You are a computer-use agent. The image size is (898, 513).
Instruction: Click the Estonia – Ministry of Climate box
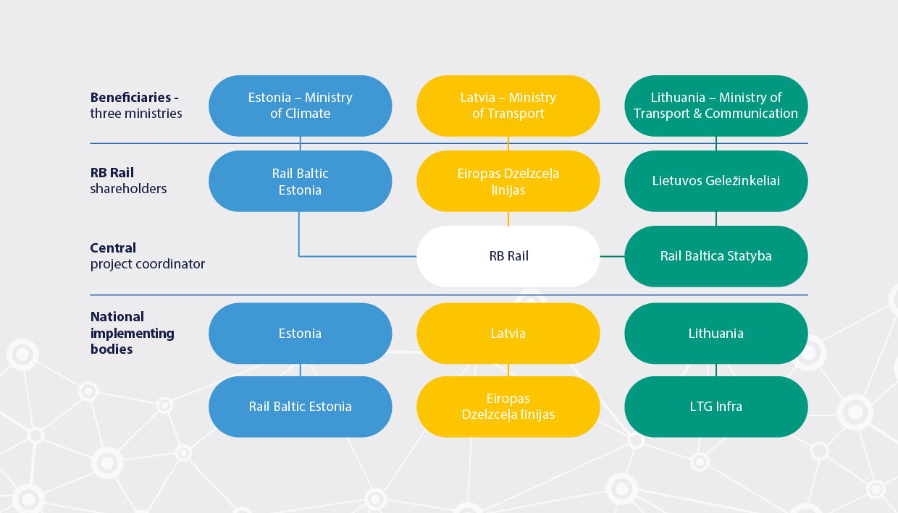click(x=300, y=106)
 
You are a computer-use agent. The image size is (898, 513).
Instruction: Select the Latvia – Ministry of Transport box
click(x=508, y=106)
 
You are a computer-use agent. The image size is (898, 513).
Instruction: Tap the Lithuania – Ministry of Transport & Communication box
click(x=716, y=106)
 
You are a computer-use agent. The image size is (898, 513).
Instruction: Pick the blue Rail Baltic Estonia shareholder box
click(x=300, y=181)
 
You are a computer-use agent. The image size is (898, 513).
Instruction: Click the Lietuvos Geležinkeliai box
click(x=716, y=181)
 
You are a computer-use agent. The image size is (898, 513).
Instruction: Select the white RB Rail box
click(x=508, y=256)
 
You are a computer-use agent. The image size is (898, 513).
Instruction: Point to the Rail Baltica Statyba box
click(x=716, y=256)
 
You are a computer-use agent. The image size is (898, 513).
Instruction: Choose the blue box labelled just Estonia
click(x=300, y=334)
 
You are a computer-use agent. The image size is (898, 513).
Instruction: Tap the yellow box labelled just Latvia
click(x=508, y=334)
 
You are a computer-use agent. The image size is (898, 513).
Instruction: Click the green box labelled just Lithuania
click(x=716, y=334)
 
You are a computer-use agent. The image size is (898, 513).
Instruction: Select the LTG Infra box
click(x=716, y=407)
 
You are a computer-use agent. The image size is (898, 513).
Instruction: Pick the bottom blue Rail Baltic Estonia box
click(x=300, y=407)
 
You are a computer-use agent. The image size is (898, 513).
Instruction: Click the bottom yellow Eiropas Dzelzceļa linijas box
click(x=508, y=407)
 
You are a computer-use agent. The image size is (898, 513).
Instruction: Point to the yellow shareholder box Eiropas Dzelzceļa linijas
click(x=508, y=181)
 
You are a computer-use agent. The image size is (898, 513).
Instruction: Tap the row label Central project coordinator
click(x=147, y=256)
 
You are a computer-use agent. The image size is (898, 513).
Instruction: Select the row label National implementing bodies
click(x=132, y=333)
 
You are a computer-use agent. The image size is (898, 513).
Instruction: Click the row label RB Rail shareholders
click(x=128, y=181)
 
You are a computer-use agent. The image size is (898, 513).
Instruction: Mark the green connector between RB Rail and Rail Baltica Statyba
click(x=612, y=256)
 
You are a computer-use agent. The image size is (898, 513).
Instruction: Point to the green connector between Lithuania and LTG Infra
click(x=716, y=370)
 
